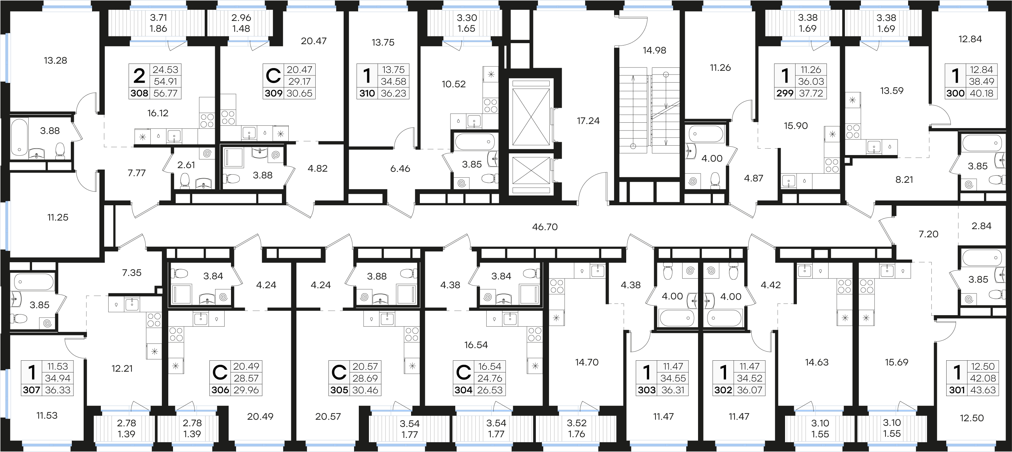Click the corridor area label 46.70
point(545,227)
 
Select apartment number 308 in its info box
point(140,93)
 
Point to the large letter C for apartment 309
point(273,76)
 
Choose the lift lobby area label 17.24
point(588,121)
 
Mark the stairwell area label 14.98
point(655,50)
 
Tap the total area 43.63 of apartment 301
point(983,390)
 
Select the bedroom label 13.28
point(55,60)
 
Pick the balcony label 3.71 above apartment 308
point(158,18)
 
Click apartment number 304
point(464,390)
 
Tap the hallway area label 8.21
point(904,180)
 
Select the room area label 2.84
point(981,226)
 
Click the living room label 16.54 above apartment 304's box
point(476,345)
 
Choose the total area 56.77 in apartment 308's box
point(165,93)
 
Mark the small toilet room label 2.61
point(186,165)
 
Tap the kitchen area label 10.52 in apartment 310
point(454,84)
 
